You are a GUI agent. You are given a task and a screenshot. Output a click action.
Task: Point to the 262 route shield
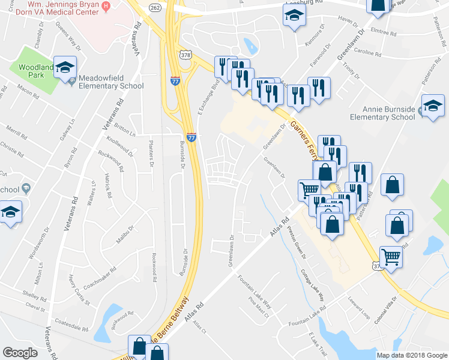tap(155, 7)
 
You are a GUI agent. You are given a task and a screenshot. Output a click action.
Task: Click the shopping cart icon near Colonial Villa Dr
tap(391, 257)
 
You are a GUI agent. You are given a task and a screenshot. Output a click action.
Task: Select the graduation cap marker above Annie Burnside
tap(433, 106)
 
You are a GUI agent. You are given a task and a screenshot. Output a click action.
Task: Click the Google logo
tap(20, 352)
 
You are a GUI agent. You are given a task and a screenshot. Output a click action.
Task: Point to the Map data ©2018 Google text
tap(412, 355)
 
